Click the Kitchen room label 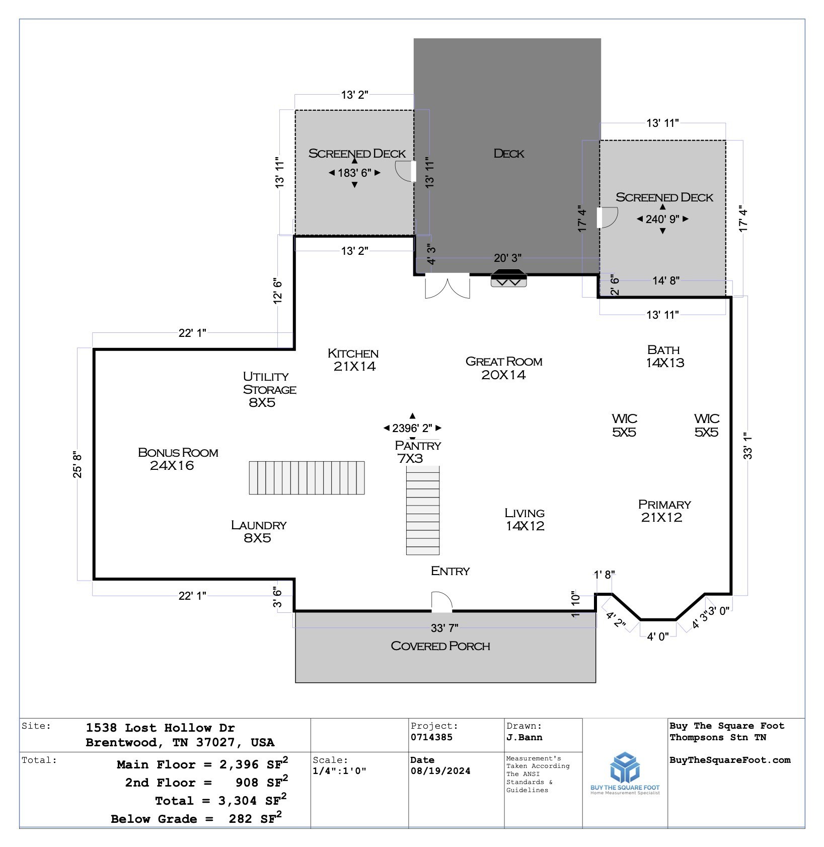tap(353, 360)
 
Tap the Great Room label tap(504, 368)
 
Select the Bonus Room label tap(178, 459)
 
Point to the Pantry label tap(417, 452)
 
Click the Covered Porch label tap(440, 646)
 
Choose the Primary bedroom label tap(664, 511)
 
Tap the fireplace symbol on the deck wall tap(509, 278)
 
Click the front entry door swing tap(442, 602)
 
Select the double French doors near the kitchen tap(447, 286)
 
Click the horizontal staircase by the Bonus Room tap(307, 477)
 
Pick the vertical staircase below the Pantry tap(423, 510)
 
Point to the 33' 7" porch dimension tap(444, 628)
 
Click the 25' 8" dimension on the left tap(78, 464)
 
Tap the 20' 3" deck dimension tap(507, 258)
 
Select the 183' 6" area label tap(355, 173)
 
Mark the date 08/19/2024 tap(440, 771)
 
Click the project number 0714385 tap(431, 737)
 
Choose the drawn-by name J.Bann tap(525, 737)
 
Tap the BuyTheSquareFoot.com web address tap(730, 760)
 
